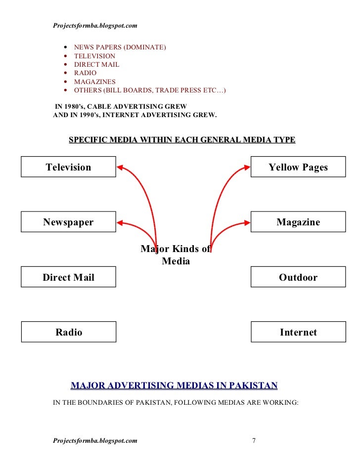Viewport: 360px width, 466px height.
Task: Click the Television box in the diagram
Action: (68, 167)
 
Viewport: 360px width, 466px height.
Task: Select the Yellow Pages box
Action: (298, 167)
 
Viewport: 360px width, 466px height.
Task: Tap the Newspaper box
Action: (68, 222)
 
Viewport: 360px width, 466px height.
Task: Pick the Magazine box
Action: (298, 222)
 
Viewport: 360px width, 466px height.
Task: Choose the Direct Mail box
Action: (68, 277)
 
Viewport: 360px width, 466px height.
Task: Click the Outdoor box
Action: (298, 277)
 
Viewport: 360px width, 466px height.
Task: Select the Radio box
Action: (68, 332)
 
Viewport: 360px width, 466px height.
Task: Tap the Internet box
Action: (298, 332)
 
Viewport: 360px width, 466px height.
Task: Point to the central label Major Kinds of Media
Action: (176, 255)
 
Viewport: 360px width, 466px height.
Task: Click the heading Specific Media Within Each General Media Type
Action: (181, 140)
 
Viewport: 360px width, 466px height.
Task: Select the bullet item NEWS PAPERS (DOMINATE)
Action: (120, 47)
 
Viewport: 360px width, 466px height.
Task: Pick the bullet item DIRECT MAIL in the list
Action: (96, 65)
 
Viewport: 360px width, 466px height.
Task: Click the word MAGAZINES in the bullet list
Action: (94, 82)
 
